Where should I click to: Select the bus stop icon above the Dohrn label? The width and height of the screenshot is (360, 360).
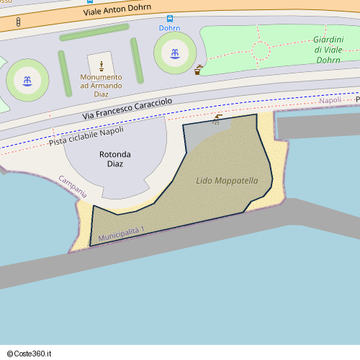tap(170, 18)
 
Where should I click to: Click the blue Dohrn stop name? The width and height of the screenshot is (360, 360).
tap(170, 28)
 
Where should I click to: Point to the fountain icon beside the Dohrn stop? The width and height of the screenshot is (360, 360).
tap(174, 52)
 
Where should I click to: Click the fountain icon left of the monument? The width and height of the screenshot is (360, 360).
tap(27, 80)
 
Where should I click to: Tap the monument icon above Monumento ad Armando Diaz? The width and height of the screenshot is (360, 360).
tap(102, 66)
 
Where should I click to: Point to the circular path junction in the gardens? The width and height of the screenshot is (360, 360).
tap(261, 50)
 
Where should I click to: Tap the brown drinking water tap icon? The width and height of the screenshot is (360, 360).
tap(199, 70)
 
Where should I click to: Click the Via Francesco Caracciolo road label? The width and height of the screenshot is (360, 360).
tap(127, 109)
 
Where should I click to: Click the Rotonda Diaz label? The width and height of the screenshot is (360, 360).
tap(115, 159)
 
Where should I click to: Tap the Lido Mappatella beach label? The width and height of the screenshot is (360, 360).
tap(227, 180)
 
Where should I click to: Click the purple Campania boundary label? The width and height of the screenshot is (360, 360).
tap(73, 186)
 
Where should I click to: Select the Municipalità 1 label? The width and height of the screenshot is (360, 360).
tap(122, 233)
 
